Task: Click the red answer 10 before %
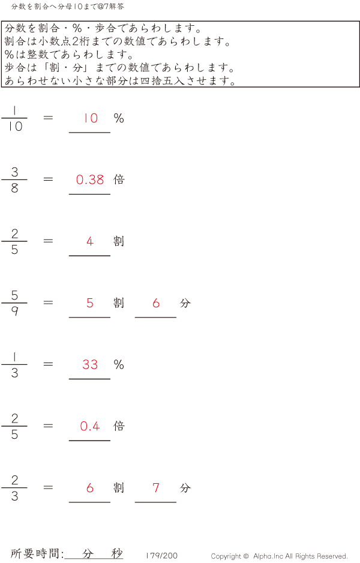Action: (x=91, y=118)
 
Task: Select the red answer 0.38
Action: (x=90, y=179)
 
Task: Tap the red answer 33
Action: (x=90, y=364)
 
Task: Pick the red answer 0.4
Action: (x=90, y=426)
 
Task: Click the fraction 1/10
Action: (x=14, y=118)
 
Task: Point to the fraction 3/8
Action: (x=14, y=180)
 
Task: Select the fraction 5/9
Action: (x=14, y=303)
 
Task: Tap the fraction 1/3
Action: (x=14, y=365)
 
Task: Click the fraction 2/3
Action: (x=14, y=488)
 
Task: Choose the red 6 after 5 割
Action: (x=156, y=303)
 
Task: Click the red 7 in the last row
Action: (x=156, y=488)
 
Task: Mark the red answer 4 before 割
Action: (x=90, y=241)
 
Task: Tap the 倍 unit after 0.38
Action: (x=119, y=179)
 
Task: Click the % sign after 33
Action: (x=119, y=364)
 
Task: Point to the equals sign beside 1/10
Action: (x=49, y=118)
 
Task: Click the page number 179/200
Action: (x=161, y=556)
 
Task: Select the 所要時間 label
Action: (x=37, y=553)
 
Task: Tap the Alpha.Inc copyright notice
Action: (x=279, y=556)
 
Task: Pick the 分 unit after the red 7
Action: (x=185, y=488)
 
